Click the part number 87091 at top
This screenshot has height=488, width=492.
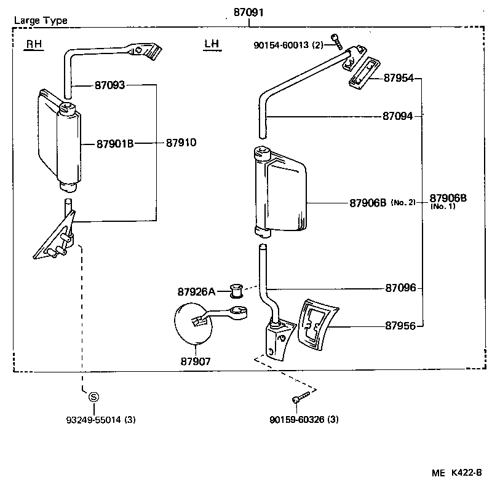249,12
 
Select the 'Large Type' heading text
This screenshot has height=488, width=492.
41,20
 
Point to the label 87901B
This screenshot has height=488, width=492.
115,144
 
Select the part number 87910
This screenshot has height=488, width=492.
181,143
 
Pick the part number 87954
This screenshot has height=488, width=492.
399,78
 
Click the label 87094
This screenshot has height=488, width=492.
397,116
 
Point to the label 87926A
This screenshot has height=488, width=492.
196,291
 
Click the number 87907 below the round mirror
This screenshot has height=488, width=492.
195,361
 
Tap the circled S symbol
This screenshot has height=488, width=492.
93,397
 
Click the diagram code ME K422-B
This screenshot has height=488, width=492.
457,473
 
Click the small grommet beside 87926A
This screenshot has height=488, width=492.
235,288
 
